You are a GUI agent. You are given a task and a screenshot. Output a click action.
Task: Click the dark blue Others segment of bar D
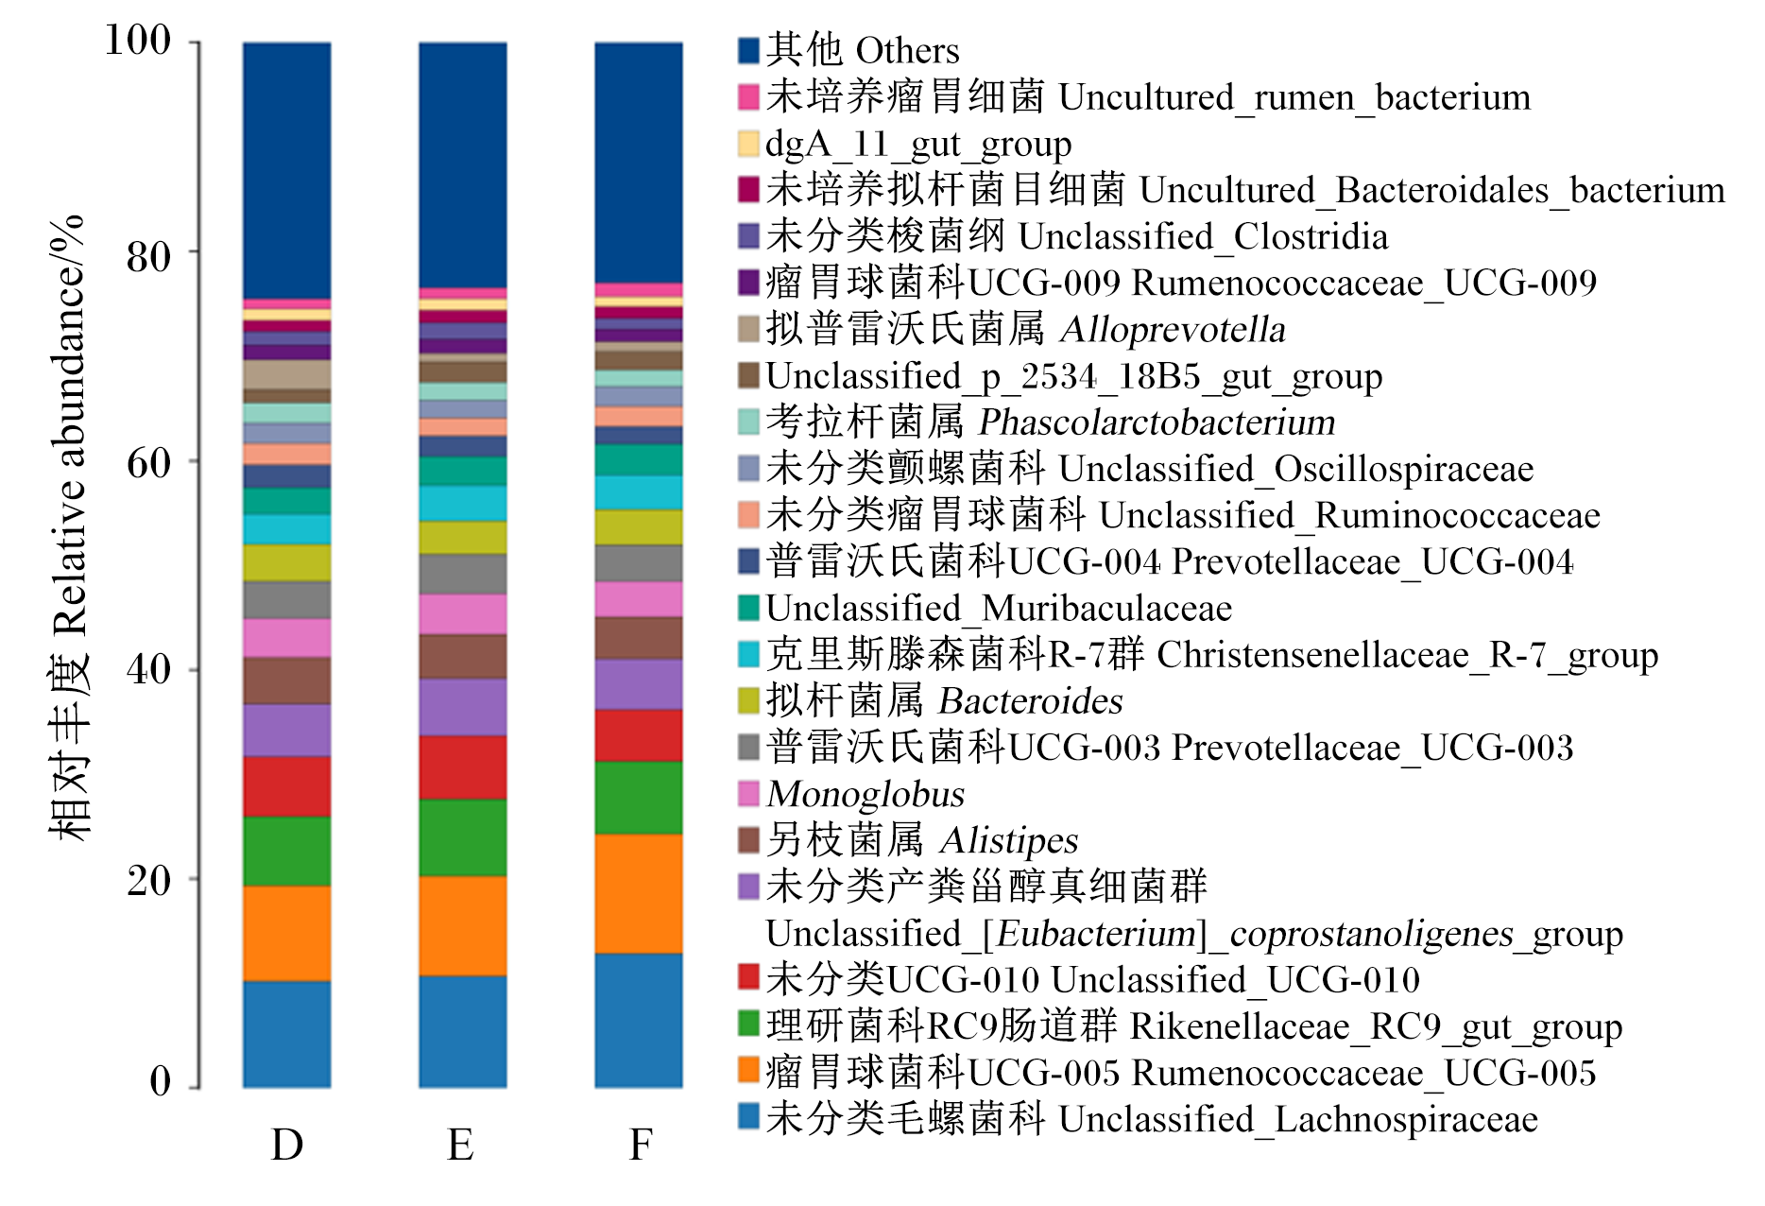[287, 170]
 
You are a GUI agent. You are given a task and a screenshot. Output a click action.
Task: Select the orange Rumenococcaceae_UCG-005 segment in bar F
[639, 893]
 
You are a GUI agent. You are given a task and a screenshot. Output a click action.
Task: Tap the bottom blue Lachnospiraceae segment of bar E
[463, 1031]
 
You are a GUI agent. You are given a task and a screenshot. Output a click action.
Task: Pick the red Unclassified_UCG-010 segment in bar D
[287, 786]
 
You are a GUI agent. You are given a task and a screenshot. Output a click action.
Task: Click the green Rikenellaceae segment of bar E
[463, 837]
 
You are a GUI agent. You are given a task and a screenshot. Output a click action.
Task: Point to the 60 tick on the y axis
[194, 460]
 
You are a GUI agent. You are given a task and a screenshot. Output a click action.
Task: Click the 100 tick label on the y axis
[138, 41]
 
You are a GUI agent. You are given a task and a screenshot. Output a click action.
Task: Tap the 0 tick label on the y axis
[161, 1082]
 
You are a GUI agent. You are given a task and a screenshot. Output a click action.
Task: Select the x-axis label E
[461, 1145]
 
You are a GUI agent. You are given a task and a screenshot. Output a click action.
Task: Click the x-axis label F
[641, 1145]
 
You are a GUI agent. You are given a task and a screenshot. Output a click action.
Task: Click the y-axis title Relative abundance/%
[68, 425]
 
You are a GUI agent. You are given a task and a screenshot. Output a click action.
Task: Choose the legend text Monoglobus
[865, 794]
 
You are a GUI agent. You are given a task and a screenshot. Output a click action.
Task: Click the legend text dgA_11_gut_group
[918, 145]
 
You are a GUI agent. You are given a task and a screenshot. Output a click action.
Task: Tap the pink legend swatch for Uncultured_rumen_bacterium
[748, 96]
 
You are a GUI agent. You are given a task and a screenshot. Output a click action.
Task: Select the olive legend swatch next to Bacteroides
[748, 700]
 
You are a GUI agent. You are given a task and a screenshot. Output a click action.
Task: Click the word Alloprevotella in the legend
[1173, 330]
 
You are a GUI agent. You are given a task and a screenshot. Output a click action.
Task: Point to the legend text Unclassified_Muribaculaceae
[999, 609]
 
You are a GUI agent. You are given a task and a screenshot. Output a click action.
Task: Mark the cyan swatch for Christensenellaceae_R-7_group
[748, 654]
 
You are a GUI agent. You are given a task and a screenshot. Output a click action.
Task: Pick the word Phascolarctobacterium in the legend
[1157, 422]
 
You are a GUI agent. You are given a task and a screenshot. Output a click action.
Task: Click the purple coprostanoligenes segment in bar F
[639, 684]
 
